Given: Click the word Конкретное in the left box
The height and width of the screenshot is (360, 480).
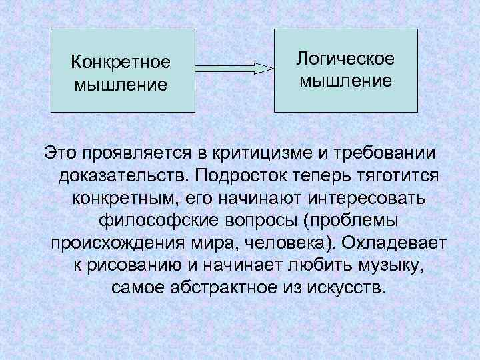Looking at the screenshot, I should (121, 62).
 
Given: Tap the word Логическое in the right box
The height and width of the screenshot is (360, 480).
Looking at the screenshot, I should (345, 59).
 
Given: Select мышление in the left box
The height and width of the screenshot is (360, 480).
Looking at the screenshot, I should (121, 85).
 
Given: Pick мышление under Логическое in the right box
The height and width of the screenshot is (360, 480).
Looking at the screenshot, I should (345, 82).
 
